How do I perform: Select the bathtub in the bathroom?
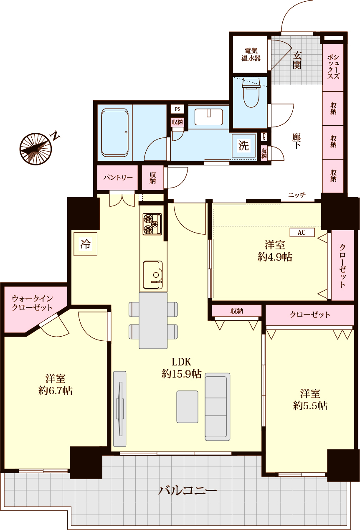pos(115,132)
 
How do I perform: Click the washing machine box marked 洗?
pos(243,145)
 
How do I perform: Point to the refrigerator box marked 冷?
pos(85,244)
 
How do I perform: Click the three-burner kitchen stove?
pos(152,224)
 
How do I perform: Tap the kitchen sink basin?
pos(153,275)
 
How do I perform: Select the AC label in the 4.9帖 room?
pos(302,232)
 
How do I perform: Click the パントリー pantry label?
pos(118,178)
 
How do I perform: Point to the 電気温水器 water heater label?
pos(251,55)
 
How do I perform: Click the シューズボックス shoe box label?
pos(333,66)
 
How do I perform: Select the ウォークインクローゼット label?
pos(32,303)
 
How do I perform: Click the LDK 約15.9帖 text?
pos(181,368)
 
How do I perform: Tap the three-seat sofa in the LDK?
pos(217,406)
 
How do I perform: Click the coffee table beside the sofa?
pos(188,407)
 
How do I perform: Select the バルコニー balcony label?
pos(187,491)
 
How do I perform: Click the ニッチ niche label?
pos(297,195)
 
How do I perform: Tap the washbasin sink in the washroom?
pos(209,117)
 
